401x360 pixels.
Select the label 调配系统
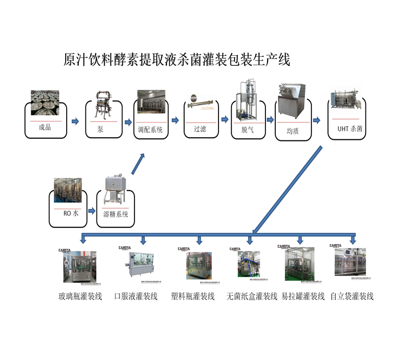coord(150,129)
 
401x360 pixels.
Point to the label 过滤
coord(200,129)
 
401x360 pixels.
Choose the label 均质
coord(293,131)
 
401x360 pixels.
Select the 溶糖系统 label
coord(115,214)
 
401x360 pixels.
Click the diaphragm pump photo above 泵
coord(103,105)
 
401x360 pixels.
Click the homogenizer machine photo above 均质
coord(292,99)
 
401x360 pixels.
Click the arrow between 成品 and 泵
coord(75,121)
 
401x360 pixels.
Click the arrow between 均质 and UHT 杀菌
coord(316,119)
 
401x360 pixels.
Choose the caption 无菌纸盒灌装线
coord(252,296)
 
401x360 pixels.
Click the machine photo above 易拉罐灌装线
coord(300,263)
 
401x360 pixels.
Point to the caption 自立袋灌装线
coord(352,296)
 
